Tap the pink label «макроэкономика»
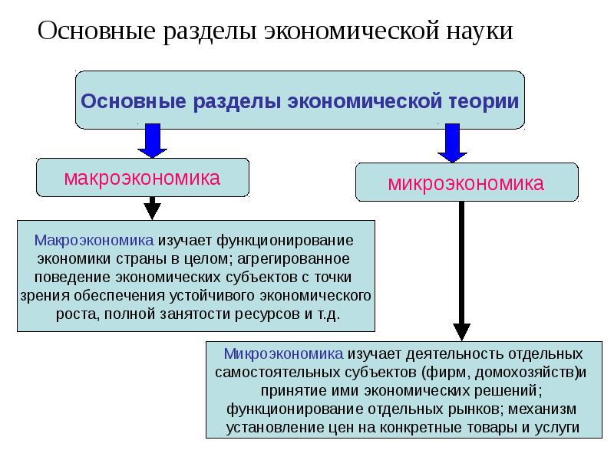coord(142,178)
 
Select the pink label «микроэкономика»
coord(466,183)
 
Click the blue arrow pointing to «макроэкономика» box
coord(152,141)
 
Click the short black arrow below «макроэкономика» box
coord(153,207)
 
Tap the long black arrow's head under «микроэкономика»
coord(461,330)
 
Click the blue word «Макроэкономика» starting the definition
coord(87,239)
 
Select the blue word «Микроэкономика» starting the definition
coord(283,354)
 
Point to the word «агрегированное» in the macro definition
coord(301,258)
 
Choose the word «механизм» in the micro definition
coord(543,409)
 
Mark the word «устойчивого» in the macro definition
coord(220,295)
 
